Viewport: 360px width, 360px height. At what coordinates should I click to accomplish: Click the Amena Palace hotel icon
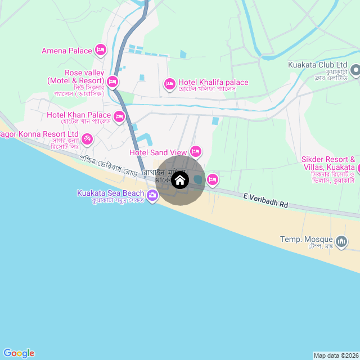pyautogui.click(x=101, y=51)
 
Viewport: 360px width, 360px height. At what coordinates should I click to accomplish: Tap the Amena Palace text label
pyautogui.click(x=66, y=51)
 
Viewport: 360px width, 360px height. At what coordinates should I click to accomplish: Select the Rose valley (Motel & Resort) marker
pyautogui.click(x=112, y=82)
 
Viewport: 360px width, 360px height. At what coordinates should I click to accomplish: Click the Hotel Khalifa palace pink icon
pyautogui.click(x=169, y=84)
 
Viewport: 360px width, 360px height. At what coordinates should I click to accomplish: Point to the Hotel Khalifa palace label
pyautogui.click(x=213, y=83)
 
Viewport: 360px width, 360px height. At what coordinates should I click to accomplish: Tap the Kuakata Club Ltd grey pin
pyautogui.click(x=355, y=70)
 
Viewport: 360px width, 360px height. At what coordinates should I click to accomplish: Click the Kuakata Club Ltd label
pyautogui.click(x=317, y=65)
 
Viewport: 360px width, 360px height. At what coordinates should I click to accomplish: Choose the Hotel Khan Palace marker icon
pyautogui.click(x=119, y=116)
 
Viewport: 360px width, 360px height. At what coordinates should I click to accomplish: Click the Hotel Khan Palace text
pyautogui.click(x=79, y=115)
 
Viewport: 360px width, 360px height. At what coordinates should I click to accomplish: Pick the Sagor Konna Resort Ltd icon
pyautogui.click(x=87, y=138)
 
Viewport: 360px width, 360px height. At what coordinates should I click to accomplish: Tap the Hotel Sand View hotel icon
pyautogui.click(x=196, y=151)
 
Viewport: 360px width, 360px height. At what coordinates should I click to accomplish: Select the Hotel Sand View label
pyautogui.click(x=158, y=152)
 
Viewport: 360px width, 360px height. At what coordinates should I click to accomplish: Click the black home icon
pyautogui.click(x=180, y=180)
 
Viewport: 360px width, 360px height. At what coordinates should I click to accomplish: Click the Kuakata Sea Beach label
pyautogui.click(x=110, y=193)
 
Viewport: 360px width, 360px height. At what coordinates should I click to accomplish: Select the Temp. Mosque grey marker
pyautogui.click(x=341, y=241)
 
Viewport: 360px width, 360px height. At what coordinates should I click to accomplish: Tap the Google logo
pyautogui.click(x=19, y=353)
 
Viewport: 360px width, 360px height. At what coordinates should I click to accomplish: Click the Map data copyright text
pyautogui.click(x=336, y=355)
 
